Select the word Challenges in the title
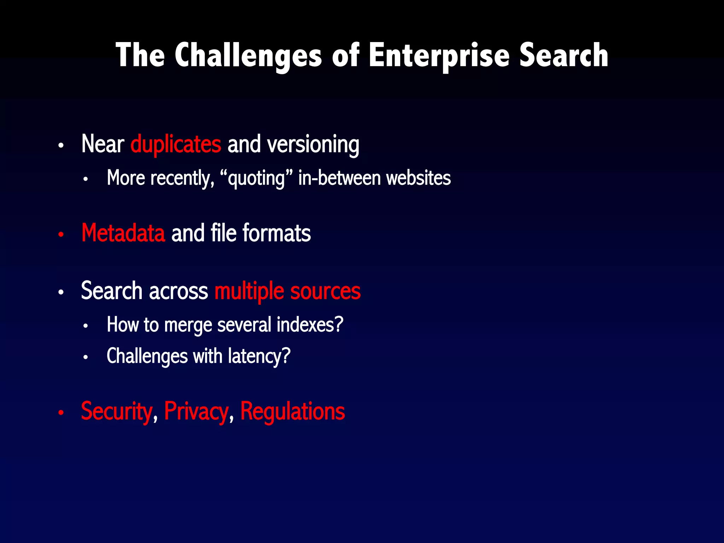[x=248, y=56]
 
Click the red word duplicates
[x=176, y=144]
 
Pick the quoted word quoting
[x=256, y=178]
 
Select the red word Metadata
[x=123, y=233]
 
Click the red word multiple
[x=249, y=291]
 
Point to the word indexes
[x=310, y=325]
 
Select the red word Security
[x=117, y=411]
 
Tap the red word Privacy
[x=196, y=411]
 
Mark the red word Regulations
[x=292, y=411]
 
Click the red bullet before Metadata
[x=61, y=234]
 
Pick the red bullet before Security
[x=61, y=412]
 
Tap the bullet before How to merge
[x=85, y=326]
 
